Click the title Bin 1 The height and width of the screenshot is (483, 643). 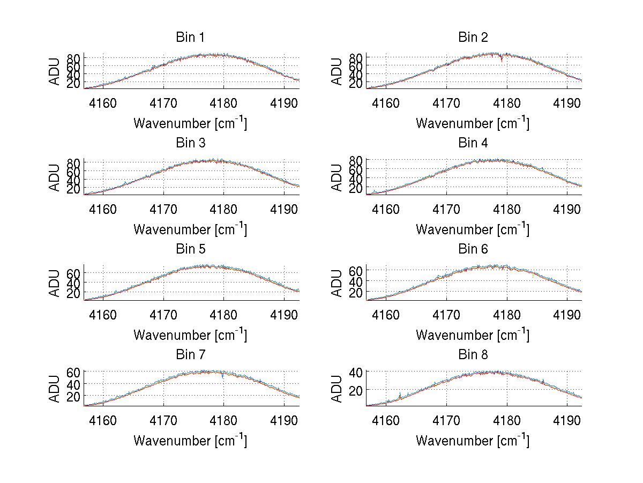coord(190,38)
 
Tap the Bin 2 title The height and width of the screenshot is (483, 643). coord(473,38)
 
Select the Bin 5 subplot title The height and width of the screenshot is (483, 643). coord(190,249)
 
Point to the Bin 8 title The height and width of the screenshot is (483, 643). coord(473,355)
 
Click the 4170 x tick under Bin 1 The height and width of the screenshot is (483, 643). coord(163,103)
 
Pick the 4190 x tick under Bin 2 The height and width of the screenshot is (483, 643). coord(567,103)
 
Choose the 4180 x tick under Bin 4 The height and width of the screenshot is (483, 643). coord(506,209)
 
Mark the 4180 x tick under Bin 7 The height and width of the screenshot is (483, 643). coord(224,420)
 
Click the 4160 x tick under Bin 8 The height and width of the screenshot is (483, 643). coord(386,420)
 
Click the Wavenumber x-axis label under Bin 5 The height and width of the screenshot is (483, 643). coord(190,335)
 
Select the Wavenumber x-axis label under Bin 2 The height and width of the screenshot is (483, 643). coord(473,123)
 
